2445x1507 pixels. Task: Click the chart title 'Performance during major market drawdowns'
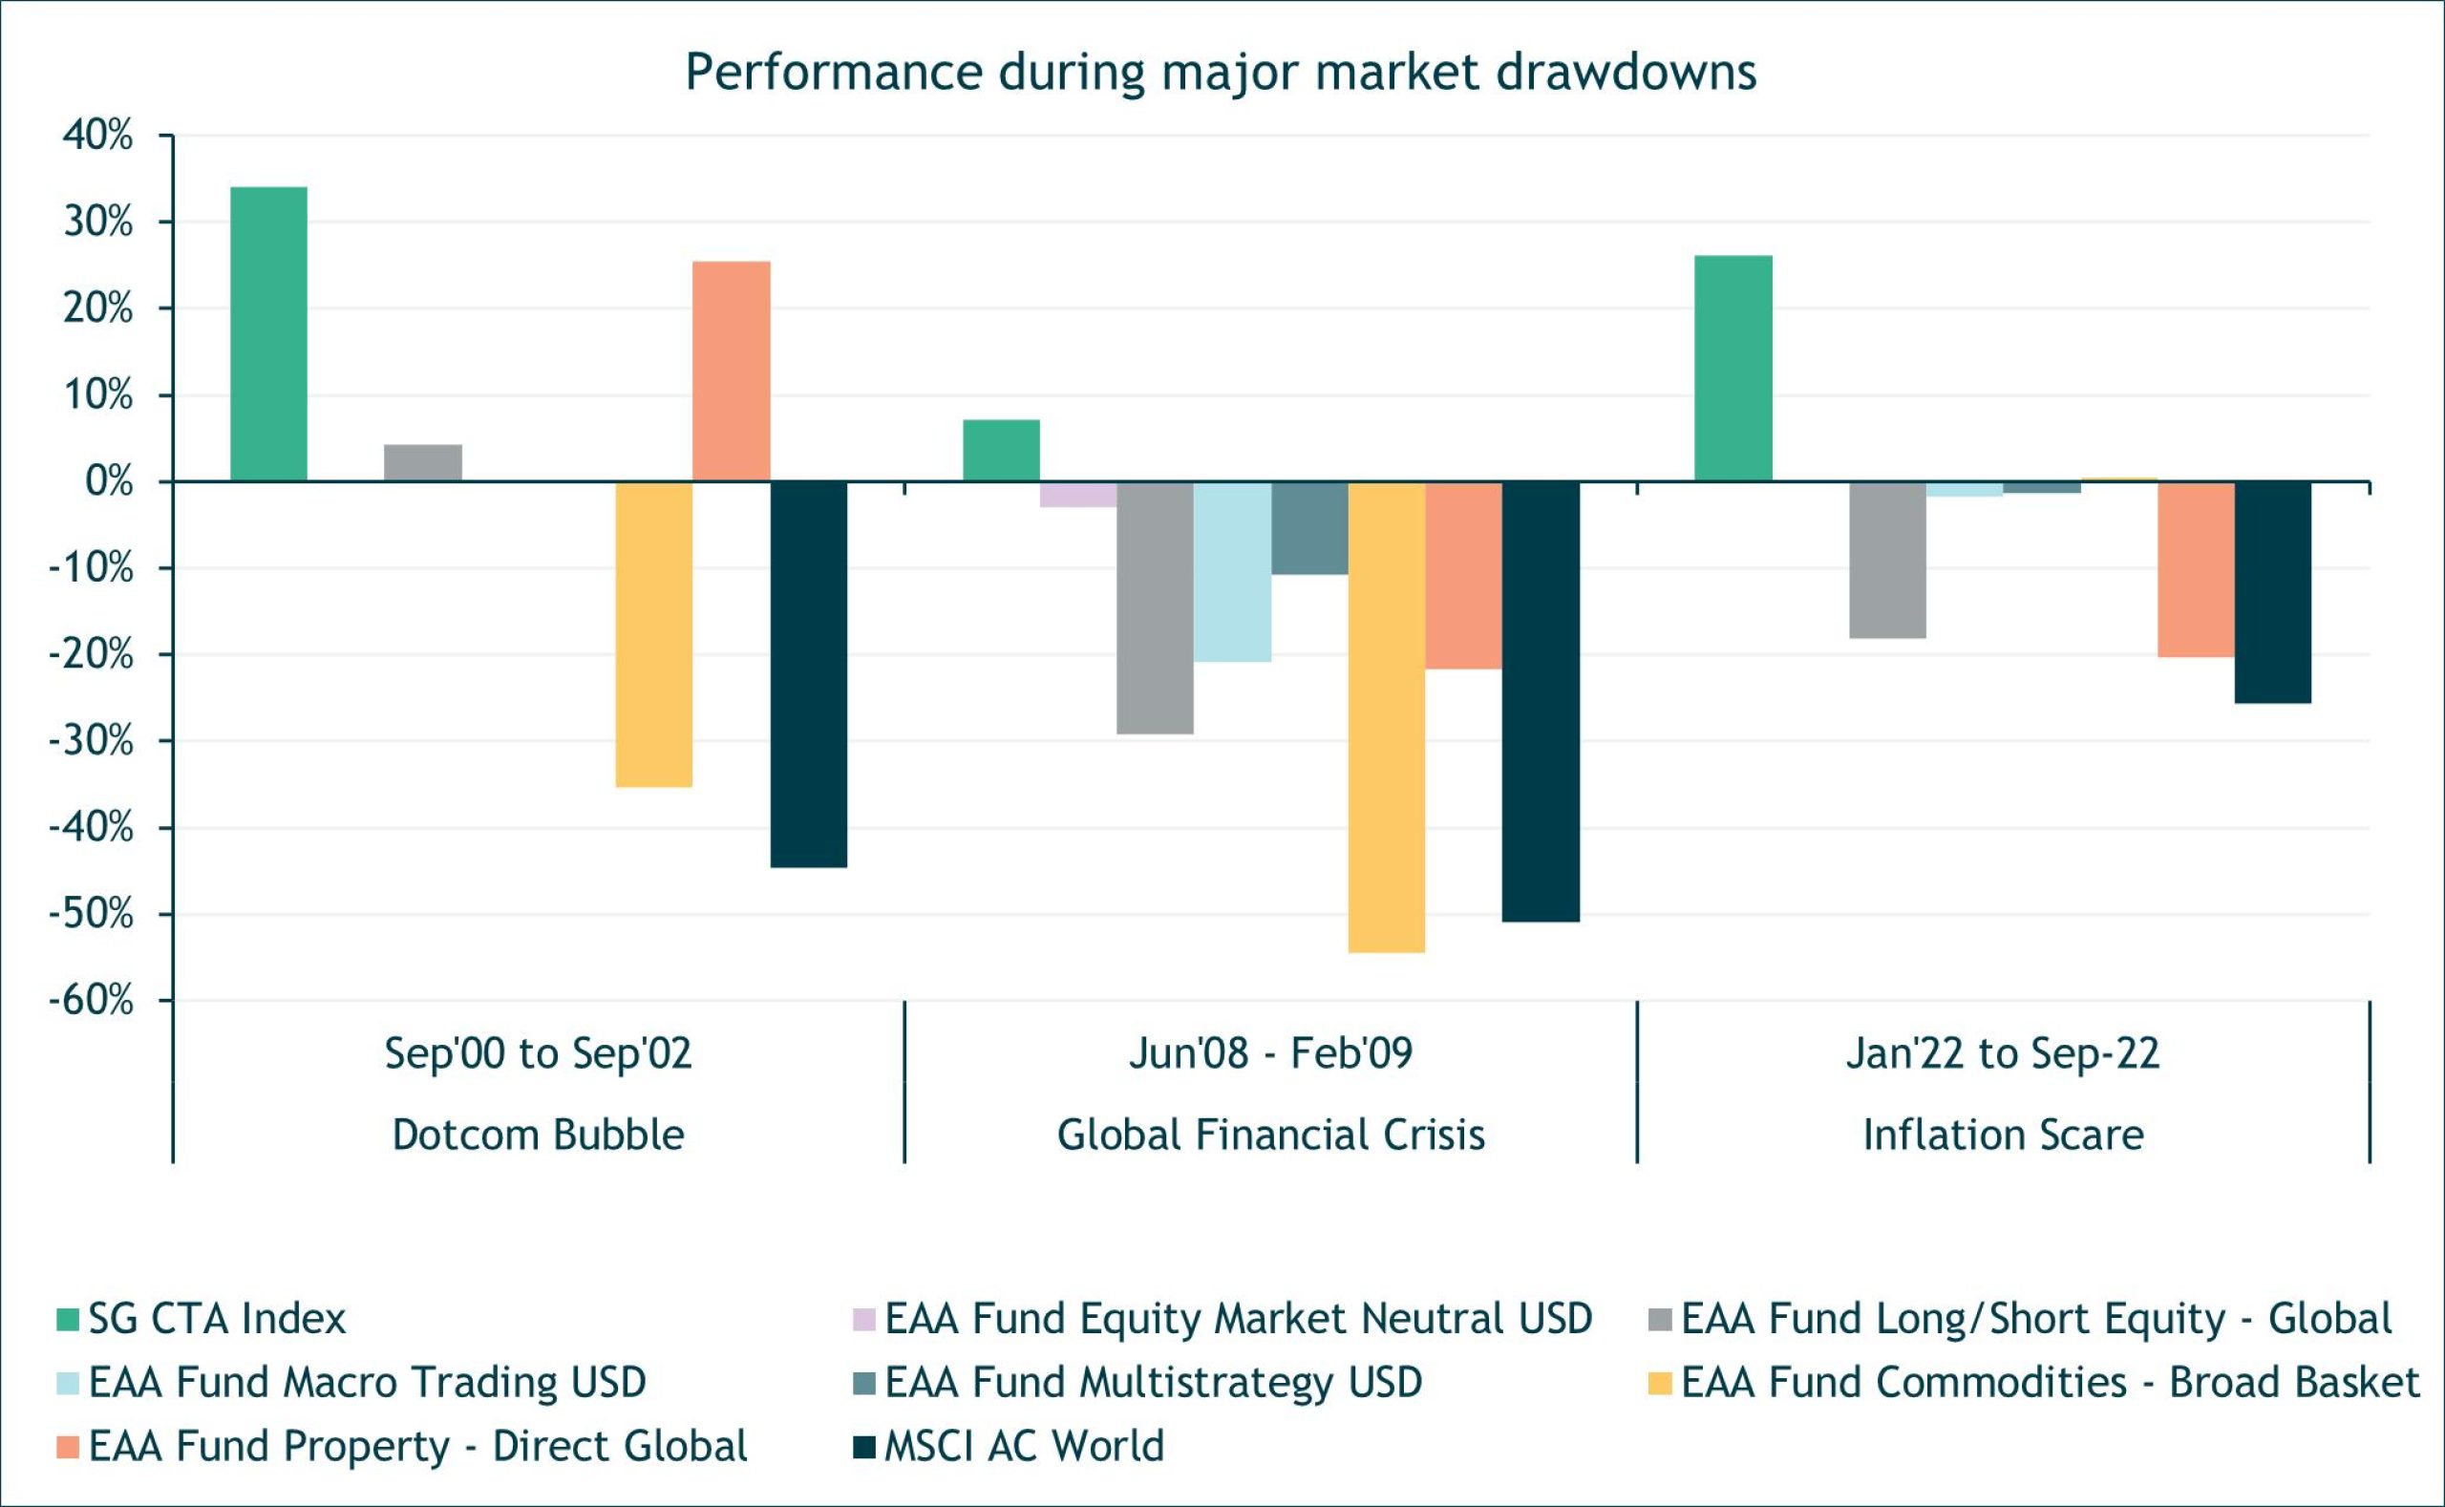click(1220, 72)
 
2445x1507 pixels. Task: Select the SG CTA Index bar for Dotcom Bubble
click(268, 334)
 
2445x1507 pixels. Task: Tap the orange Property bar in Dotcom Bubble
click(731, 371)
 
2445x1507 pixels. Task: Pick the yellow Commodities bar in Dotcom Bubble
click(654, 634)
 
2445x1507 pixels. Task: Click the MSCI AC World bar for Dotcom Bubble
click(808, 674)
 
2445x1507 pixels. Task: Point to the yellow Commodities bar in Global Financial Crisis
click(1386, 716)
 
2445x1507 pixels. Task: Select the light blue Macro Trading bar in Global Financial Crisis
click(1232, 571)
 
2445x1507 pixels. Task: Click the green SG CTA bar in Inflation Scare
click(1733, 369)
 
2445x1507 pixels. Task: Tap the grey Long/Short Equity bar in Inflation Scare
click(1887, 559)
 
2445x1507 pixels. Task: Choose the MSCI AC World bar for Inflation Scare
click(2272, 592)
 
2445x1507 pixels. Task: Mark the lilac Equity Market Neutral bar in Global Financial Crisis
click(1077, 495)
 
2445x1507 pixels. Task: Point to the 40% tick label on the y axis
click(97, 136)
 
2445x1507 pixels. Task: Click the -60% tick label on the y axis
click(92, 1000)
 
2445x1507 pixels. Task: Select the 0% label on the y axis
click(109, 482)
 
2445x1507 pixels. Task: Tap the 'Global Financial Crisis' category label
click(1271, 1136)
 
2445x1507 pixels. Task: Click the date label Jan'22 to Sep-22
click(2003, 1053)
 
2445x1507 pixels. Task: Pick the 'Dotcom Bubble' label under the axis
click(539, 1136)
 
